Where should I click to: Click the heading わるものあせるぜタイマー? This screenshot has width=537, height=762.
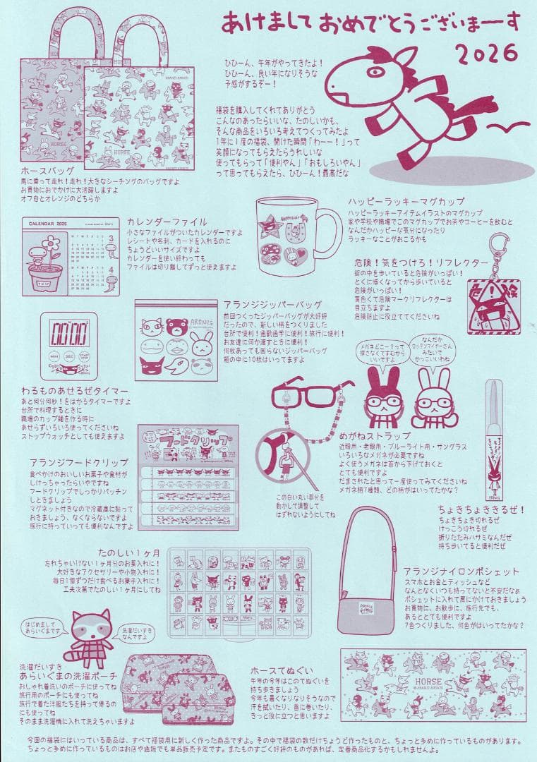point(74,391)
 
